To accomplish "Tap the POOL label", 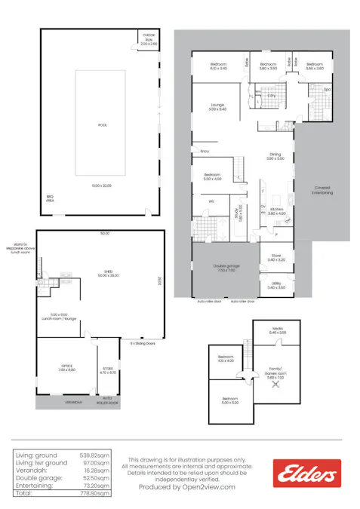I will (x=100, y=124).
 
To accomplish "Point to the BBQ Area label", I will (x=50, y=199).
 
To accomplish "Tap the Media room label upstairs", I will (x=277, y=330).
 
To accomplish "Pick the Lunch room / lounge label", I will (x=65, y=316).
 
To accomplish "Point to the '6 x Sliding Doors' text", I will (x=141, y=342).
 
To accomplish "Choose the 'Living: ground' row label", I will (x=35, y=455).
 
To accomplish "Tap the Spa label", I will (x=327, y=90).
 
